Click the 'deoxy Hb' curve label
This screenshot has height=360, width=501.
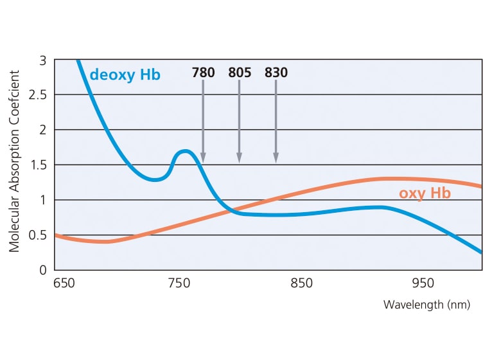[x=125, y=75]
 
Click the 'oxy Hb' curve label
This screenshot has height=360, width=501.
[x=425, y=193]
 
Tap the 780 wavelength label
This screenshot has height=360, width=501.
[x=203, y=73]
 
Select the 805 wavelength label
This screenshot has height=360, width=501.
[x=240, y=73]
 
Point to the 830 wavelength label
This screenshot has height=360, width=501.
[x=276, y=73]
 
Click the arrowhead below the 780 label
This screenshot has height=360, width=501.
[x=203, y=157]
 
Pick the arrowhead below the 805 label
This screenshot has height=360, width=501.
[x=240, y=157]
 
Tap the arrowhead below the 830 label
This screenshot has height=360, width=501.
[x=276, y=157]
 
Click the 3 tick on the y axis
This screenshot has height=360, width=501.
[x=43, y=60]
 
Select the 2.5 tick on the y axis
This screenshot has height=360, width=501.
[x=39, y=95]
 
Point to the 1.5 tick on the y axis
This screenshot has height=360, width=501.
[x=39, y=165]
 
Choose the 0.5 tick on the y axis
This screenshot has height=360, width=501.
[x=39, y=235]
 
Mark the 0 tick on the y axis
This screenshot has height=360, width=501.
[x=43, y=270]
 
